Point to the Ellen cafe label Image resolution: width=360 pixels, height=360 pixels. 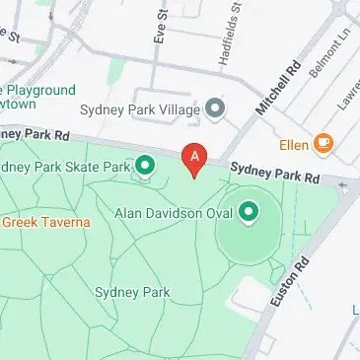coord(292,144)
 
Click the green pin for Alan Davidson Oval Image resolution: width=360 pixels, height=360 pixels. coord(249,211)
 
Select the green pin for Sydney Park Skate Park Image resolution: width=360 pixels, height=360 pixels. coord(146,166)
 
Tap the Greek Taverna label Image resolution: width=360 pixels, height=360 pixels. coord(45,222)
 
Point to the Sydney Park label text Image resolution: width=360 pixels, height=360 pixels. coord(132,293)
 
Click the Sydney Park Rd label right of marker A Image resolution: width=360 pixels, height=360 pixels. coord(275,172)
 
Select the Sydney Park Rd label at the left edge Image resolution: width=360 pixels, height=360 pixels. coord(36,133)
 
